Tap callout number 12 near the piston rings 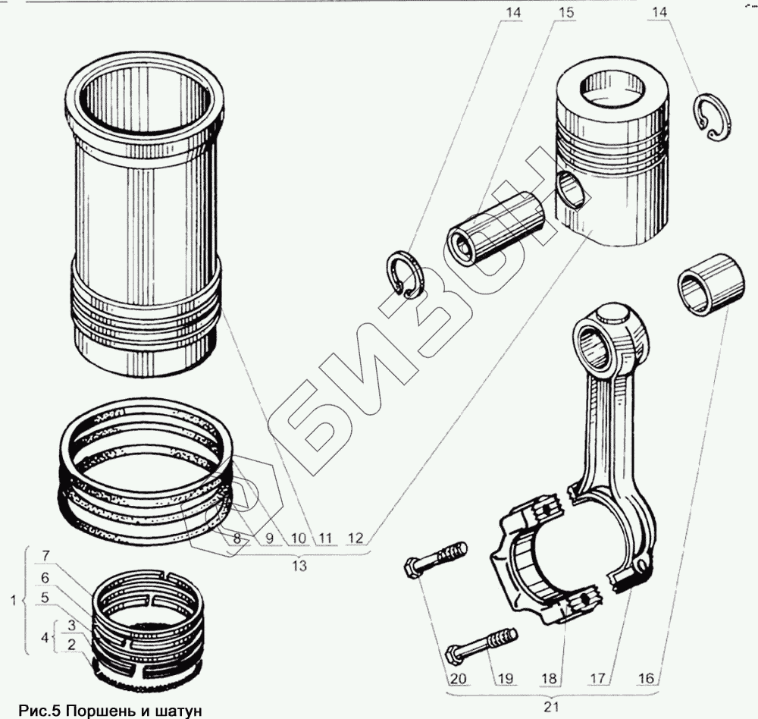(356, 538)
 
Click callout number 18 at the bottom (549, 677)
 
